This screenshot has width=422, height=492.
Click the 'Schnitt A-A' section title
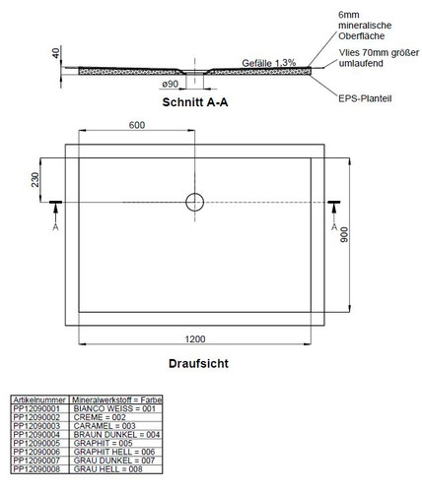[195, 102]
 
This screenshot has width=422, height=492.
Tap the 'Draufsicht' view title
[198, 363]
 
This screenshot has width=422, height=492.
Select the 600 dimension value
[137, 125]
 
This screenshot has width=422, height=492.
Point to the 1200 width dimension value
[195, 338]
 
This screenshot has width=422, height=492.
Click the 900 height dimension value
[344, 235]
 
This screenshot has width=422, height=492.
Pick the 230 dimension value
[35, 180]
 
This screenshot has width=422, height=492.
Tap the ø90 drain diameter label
[171, 85]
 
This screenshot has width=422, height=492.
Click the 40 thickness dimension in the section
[56, 53]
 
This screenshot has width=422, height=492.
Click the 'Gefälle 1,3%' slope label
[269, 63]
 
